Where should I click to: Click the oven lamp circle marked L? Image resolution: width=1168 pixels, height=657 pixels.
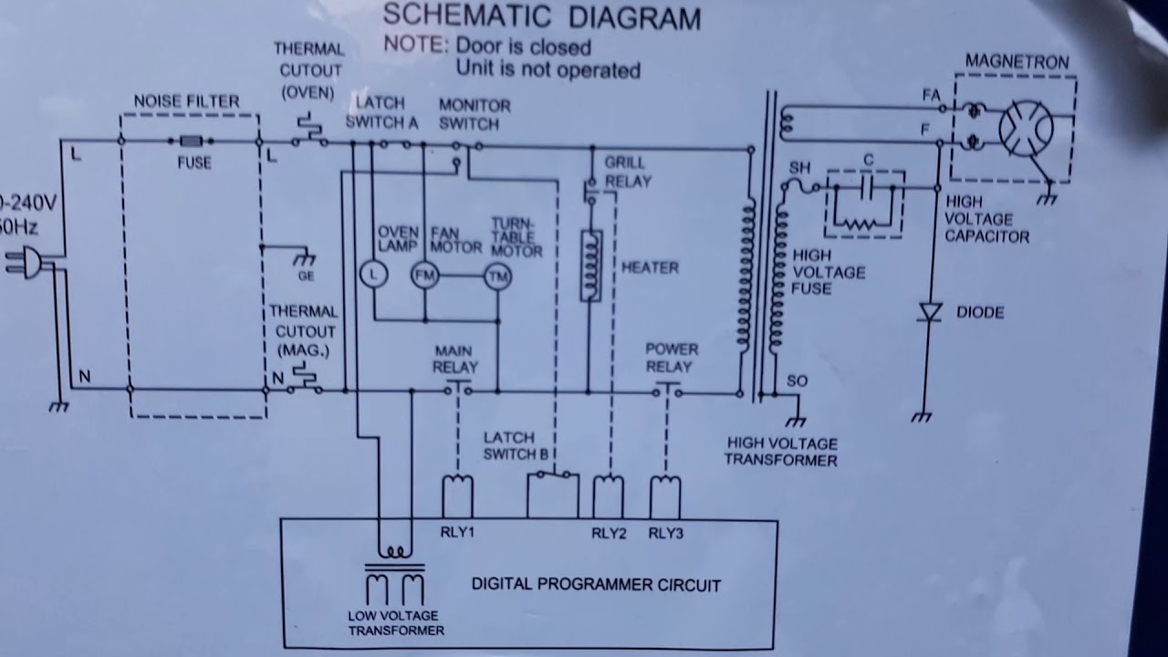[x=372, y=274]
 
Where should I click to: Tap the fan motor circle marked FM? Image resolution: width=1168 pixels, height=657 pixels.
[x=424, y=275]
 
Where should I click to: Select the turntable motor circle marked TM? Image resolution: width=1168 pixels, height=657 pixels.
[x=497, y=276]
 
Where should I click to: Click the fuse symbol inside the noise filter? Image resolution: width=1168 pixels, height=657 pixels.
[x=192, y=141]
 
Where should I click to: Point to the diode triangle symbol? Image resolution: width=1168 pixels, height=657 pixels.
[x=930, y=313]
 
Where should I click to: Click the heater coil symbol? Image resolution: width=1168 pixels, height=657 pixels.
[x=591, y=266]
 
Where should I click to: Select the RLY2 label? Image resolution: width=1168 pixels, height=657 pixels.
[x=609, y=533]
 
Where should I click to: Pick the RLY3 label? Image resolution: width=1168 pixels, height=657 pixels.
[x=665, y=533]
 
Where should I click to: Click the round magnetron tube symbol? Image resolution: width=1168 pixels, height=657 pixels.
[x=1026, y=129]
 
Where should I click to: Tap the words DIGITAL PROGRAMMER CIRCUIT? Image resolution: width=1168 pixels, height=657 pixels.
[x=596, y=585]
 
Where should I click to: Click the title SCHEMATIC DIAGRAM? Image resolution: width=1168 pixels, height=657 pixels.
[x=542, y=16]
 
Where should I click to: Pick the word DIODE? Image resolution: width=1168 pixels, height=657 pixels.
[x=980, y=312]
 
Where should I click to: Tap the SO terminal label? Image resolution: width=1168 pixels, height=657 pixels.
[x=797, y=381]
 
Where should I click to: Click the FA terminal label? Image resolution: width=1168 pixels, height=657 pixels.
[x=931, y=95]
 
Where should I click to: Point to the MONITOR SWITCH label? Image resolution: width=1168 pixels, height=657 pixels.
[x=474, y=114]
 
